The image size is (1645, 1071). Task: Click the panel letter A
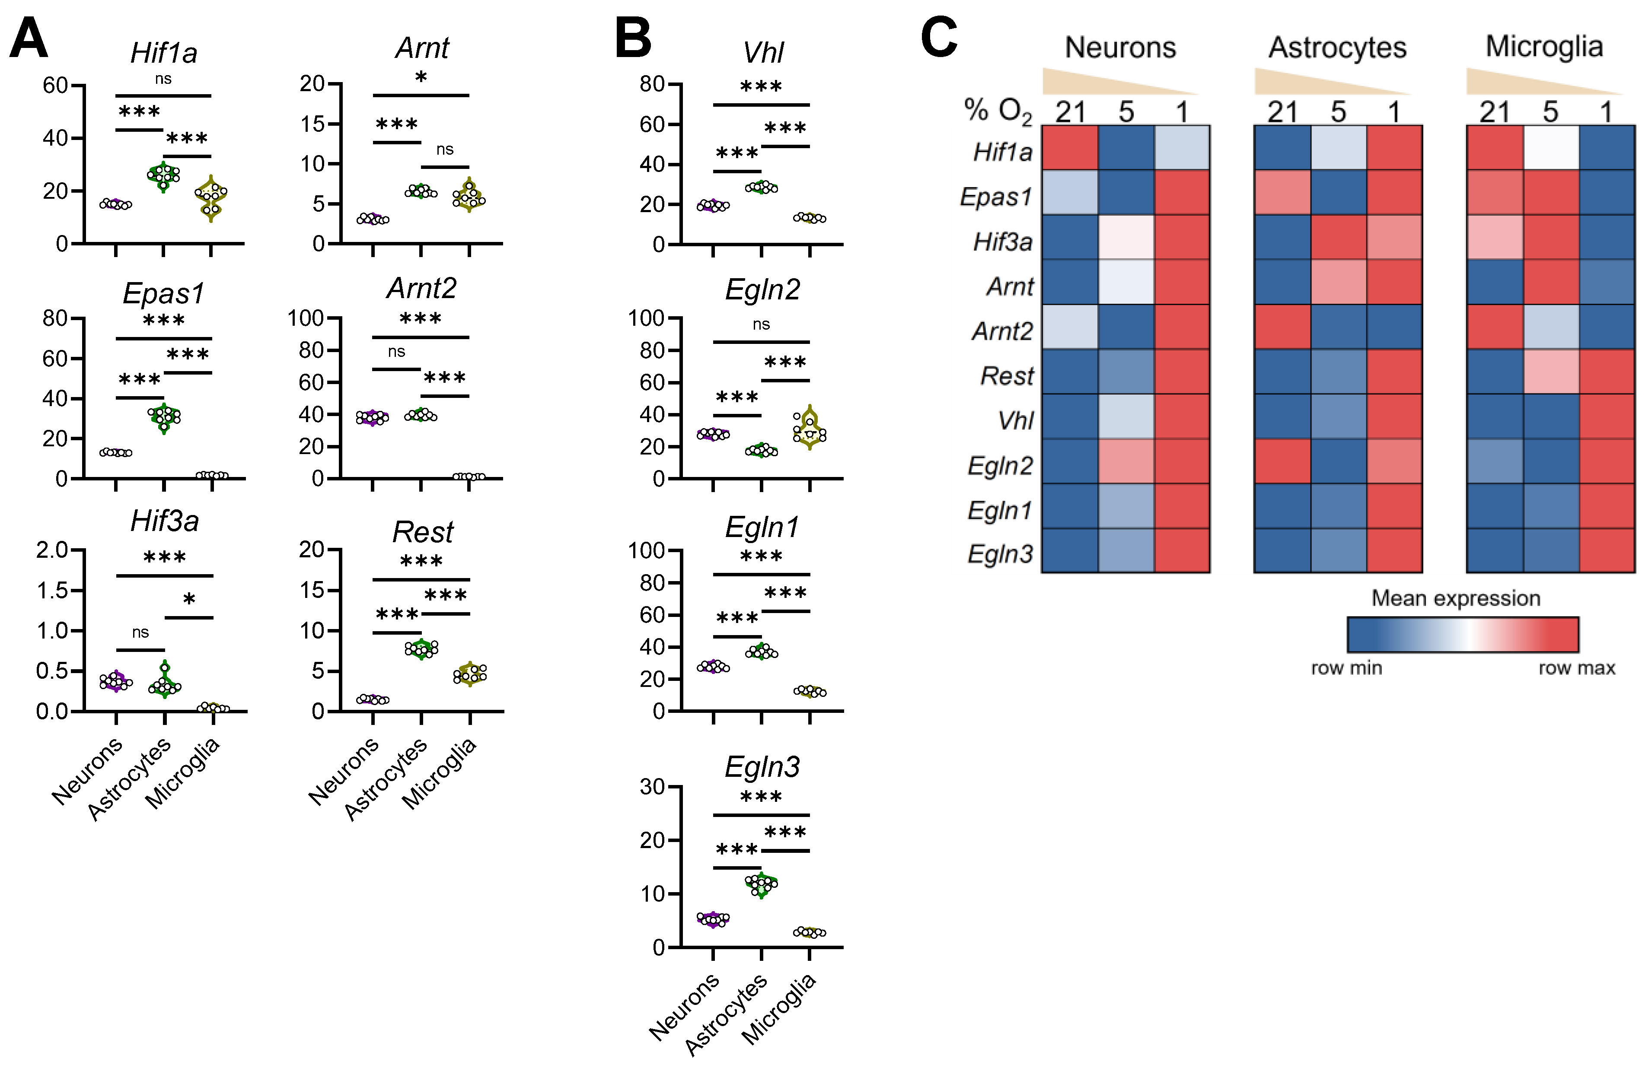coord(29,39)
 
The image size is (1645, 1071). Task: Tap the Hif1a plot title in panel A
coord(164,53)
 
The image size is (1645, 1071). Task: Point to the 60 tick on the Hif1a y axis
coord(55,86)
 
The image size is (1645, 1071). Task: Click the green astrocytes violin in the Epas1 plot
coord(164,416)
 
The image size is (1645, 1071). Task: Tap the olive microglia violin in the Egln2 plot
coord(810,429)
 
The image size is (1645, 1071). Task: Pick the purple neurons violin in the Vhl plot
coord(713,205)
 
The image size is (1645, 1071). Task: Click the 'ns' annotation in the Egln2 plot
coord(761,324)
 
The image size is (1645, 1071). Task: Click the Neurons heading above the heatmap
coord(1120,48)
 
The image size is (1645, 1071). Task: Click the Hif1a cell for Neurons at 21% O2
coord(1069,147)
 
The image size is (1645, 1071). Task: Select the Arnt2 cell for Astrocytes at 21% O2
coord(1282,327)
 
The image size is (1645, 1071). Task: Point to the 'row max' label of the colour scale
coord(1577,668)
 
